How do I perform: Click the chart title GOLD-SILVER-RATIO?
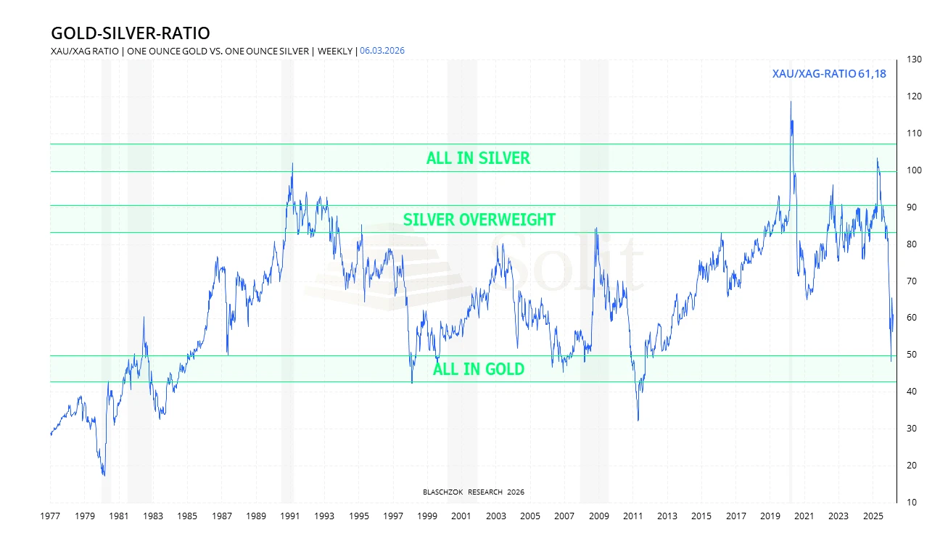pos(130,33)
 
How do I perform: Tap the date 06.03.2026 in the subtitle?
pos(383,51)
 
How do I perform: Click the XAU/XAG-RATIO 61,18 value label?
pos(829,73)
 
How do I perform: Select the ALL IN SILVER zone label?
pos(478,158)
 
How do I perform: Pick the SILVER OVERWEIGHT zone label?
pos(479,220)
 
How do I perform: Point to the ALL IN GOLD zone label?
pos(478,369)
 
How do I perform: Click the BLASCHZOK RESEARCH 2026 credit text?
pos(473,492)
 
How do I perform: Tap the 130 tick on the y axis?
pos(914,59)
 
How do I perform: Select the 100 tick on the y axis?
pos(914,170)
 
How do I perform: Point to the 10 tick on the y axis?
pos(912,503)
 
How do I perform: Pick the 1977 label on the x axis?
pos(50,516)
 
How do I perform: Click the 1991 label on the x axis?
pos(290,516)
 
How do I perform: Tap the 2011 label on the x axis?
pos(633,516)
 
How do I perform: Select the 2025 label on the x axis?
pos(873,516)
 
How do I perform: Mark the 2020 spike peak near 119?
pos(791,102)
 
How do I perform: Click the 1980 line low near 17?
pos(104,476)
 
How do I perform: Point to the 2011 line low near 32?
pos(638,420)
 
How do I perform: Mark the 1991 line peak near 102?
pos(292,164)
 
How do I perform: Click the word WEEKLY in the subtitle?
pos(334,51)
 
